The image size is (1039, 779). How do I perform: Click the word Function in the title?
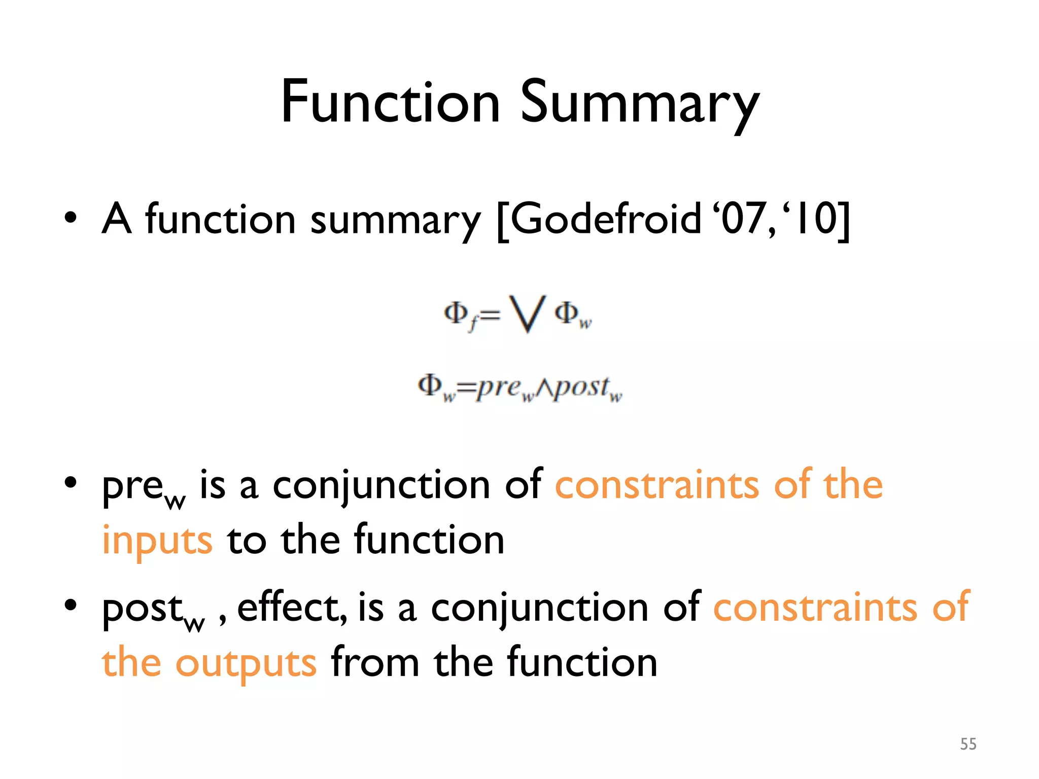point(391,102)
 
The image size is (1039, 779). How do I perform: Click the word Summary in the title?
point(640,104)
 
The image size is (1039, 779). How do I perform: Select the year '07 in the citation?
point(745,218)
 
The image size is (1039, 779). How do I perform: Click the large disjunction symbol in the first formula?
point(528,314)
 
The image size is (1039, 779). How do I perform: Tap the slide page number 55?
point(968,744)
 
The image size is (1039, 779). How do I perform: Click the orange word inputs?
point(157,541)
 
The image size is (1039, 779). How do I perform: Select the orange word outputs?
point(246,663)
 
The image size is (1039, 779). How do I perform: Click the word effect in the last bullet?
point(291,608)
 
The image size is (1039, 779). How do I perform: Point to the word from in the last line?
point(375,662)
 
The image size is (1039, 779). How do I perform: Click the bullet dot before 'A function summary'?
point(71,218)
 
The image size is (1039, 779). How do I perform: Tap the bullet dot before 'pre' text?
point(71,483)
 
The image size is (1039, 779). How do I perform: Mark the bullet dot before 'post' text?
point(71,605)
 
